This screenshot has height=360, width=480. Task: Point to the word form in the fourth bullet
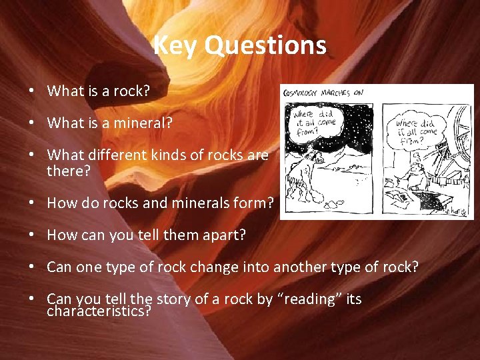click(x=254, y=203)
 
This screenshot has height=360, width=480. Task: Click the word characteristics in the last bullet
click(x=99, y=311)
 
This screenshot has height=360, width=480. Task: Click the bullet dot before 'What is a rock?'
click(x=32, y=91)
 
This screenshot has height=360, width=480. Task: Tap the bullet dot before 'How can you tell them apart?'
click(x=32, y=235)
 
